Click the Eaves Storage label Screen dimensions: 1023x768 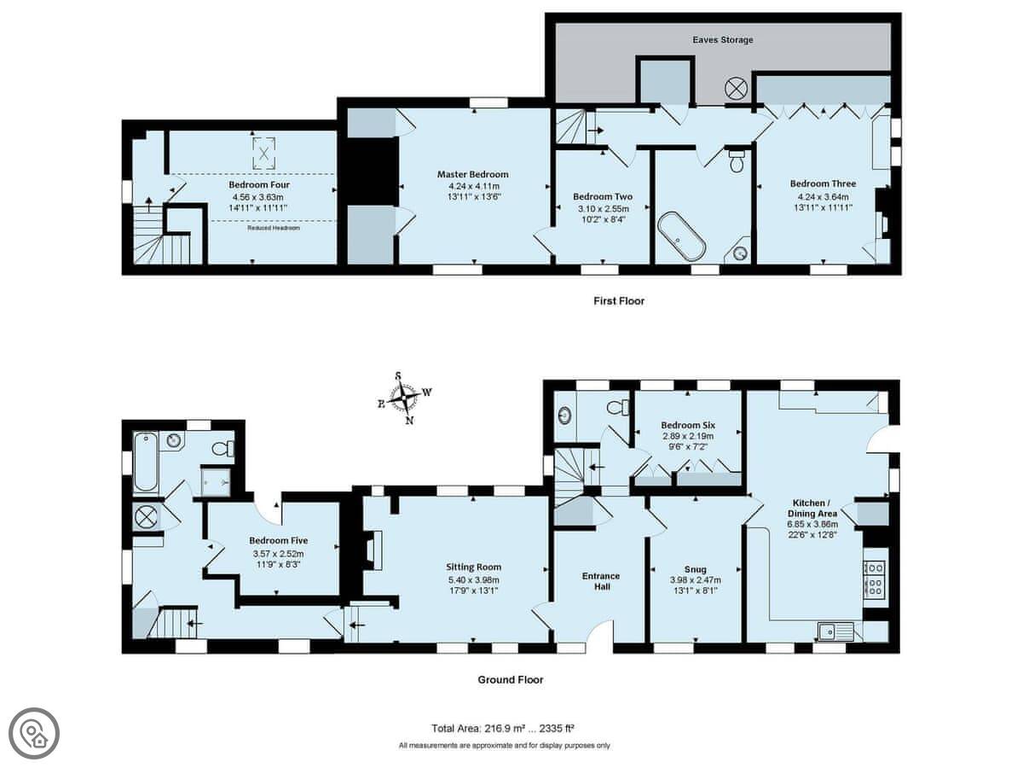[722, 40]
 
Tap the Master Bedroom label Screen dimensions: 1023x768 [472, 174]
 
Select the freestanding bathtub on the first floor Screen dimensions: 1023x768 [681, 236]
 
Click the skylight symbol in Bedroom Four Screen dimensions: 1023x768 [264, 154]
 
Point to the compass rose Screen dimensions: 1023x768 [403, 398]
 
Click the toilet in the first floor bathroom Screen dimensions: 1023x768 [737, 160]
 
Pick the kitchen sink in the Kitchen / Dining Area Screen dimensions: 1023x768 [835, 631]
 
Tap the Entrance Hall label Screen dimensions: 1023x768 [601, 581]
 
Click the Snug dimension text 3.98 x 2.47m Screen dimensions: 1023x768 [696, 580]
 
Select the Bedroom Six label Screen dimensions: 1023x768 [688, 425]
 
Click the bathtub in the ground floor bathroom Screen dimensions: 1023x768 [146, 462]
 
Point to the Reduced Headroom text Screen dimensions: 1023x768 [274, 228]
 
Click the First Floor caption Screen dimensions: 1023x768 [619, 301]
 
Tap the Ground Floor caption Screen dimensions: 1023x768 [511, 680]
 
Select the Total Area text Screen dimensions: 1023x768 [502, 729]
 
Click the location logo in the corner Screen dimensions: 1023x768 [34, 734]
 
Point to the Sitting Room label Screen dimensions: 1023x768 [473, 567]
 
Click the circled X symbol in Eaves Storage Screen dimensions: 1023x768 [737, 89]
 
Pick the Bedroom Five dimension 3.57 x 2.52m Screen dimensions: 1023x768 [278, 554]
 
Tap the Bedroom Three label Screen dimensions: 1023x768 [823, 183]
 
